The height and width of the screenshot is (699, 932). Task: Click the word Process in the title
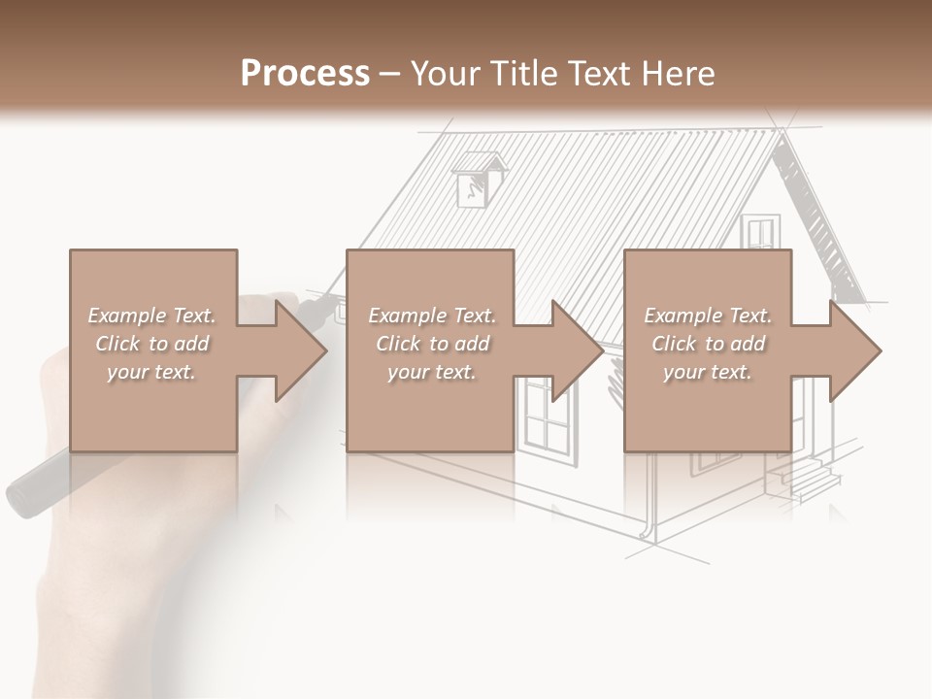point(305,73)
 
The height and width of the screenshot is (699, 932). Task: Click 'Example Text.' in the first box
point(151,315)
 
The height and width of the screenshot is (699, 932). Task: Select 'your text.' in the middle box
point(431,372)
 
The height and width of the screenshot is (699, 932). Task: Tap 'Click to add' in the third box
point(708,344)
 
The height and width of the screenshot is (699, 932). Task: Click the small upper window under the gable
point(758,234)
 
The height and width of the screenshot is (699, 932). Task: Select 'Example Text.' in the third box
point(708,315)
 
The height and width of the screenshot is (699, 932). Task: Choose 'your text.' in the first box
point(151,372)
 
